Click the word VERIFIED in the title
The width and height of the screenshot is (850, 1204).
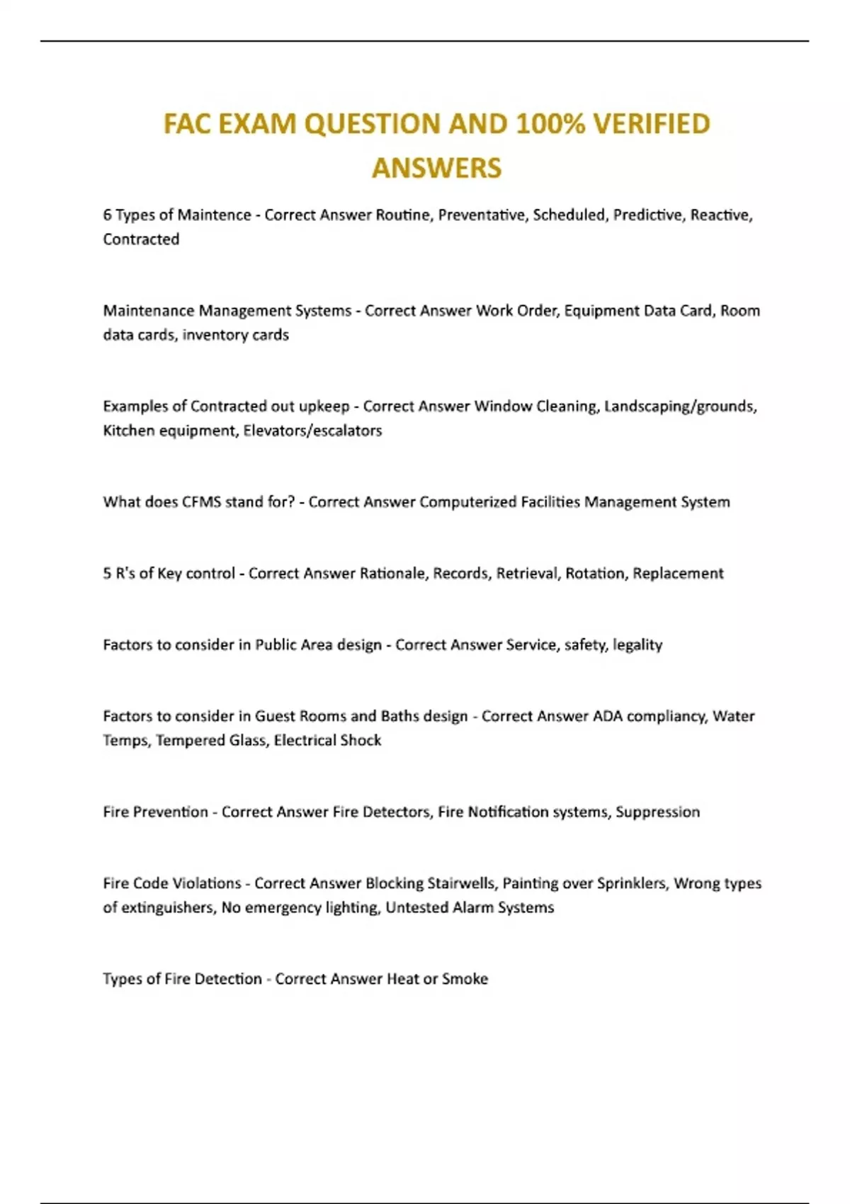(x=651, y=124)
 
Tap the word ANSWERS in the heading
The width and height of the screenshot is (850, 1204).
(x=436, y=169)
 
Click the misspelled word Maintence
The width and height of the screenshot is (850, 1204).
(x=214, y=215)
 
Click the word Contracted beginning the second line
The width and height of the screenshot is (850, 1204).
(x=141, y=239)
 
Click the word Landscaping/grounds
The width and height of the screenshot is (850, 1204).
(x=680, y=407)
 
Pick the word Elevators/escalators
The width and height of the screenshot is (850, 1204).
(x=312, y=431)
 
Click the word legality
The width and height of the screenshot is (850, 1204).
(x=637, y=645)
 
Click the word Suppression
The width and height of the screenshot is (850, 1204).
(x=657, y=812)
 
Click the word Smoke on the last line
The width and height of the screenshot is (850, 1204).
(x=465, y=979)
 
